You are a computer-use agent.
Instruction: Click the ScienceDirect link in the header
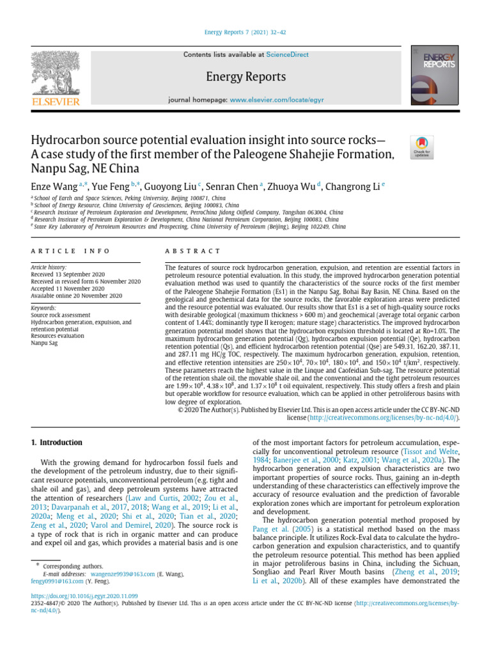(287, 55)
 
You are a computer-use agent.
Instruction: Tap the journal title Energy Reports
(245, 77)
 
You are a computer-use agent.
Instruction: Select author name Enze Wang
(54, 187)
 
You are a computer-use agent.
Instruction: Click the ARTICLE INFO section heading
(70, 251)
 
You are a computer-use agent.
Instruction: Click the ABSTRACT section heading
(192, 251)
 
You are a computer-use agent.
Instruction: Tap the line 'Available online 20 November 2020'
(76, 296)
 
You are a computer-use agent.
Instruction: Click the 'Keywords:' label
(44, 308)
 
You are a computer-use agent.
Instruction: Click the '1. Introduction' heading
(57, 443)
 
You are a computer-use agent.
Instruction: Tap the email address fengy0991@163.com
(59, 582)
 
